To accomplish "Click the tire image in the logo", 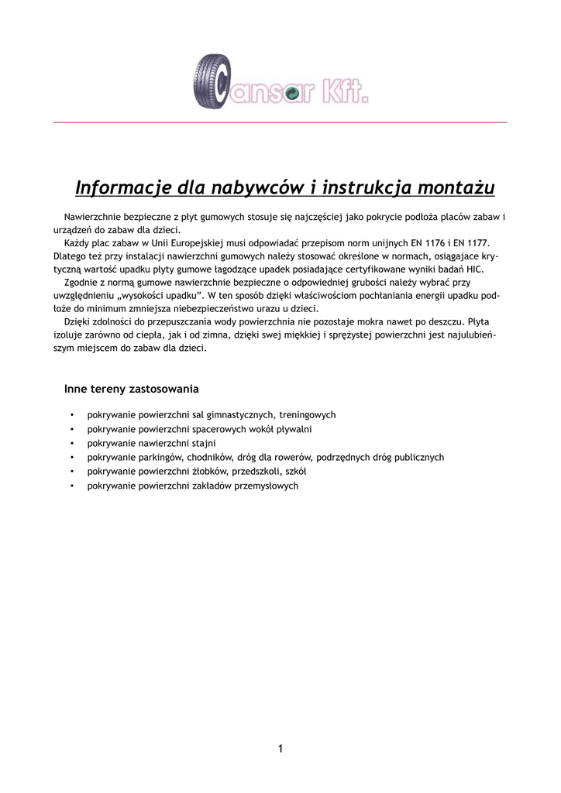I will click(211, 81).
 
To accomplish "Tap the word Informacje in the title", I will click(124, 188).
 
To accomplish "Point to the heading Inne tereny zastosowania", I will click(132, 388).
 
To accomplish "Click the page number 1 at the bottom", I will click(280, 748).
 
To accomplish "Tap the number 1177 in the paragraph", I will click(477, 242).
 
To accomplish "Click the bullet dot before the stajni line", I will click(72, 444).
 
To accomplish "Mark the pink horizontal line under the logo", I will click(280, 122).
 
